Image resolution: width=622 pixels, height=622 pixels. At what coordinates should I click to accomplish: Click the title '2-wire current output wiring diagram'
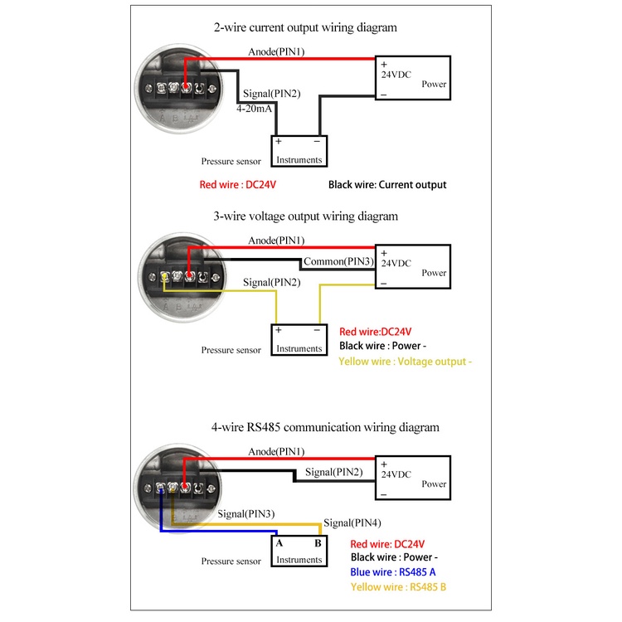pyautogui.click(x=305, y=27)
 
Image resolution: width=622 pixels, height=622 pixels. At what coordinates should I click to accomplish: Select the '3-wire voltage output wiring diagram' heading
pyautogui.click(x=306, y=216)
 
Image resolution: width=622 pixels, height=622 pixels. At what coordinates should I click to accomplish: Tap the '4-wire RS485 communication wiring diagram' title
pyautogui.click(x=324, y=428)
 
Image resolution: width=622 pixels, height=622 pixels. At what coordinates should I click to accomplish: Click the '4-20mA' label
pyautogui.click(x=255, y=109)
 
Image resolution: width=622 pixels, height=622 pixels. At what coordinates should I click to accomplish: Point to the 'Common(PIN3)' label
pyautogui.click(x=337, y=262)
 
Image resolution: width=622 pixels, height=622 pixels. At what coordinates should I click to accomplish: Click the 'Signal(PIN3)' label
pyautogui.click(x=245, y=514)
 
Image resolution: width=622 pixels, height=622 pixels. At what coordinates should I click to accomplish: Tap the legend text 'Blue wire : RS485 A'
pyautogui.click(x=393, y=572)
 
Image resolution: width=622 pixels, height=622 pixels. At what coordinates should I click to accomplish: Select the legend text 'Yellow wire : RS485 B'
pyautogui.click(x=399, y=587)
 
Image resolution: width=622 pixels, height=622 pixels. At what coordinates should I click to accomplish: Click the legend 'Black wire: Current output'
pyautogui.click(x=387, y=185)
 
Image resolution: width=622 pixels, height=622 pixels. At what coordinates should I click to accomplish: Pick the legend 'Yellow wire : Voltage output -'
pyautogui.click(x=406, y=362)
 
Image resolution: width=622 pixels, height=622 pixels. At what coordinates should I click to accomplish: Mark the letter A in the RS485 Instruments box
pyautogui.click(x=279, y=544)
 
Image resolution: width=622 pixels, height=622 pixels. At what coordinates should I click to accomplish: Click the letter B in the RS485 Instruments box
pyautogui.click(x=317, y=544)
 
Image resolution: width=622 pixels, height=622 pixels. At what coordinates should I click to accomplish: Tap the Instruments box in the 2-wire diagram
pyautogui.click(x=299, y=150)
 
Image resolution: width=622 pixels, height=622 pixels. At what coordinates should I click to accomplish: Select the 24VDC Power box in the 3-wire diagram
pyautogui.click(x=413, y=266)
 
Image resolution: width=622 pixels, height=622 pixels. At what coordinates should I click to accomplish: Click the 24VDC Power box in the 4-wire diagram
pyautogui.click(x=413, y=478)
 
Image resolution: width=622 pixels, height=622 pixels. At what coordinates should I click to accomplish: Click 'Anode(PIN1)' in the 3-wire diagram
pyautogui.click(x=277, y=241)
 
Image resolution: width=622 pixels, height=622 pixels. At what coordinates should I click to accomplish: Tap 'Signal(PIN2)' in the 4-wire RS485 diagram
pyautogui.click(x=333, y=472)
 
